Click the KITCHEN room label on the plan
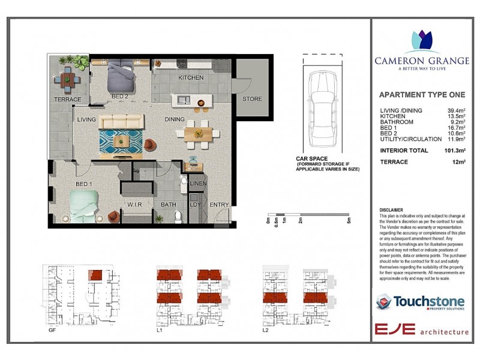coord(191,78)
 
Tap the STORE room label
coord(252,99)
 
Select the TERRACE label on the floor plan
coord(67,100)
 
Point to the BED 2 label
coord(119,97)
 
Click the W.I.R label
coord(134,205)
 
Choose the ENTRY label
coord(219,205)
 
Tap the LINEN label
coord(197,183)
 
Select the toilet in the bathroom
coord(178,215)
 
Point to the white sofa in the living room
coord(122,122)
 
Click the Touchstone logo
coord(419,302)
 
